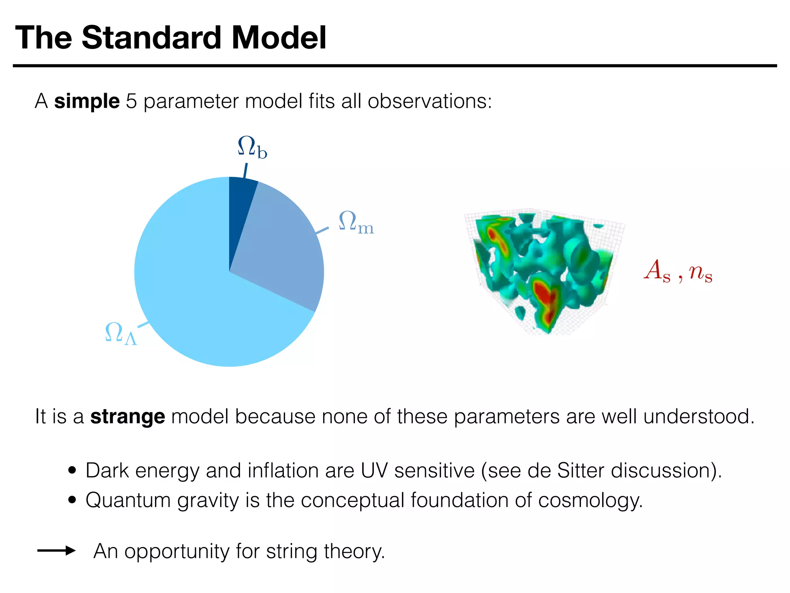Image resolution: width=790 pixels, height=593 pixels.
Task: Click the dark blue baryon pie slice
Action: [x=240, y=208]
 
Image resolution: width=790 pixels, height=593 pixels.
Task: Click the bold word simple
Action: [x=87, y=101]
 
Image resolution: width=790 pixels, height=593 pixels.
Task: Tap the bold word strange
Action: [x=128, y=417]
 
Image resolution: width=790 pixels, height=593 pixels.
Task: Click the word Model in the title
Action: [x=279, y=38]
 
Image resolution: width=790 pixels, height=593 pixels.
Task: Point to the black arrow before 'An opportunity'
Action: [x=56, y=551]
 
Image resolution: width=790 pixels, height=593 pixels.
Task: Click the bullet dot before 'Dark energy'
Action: [x=72, y=471]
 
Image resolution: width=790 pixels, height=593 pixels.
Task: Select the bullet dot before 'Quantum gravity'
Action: [x=72, y=500]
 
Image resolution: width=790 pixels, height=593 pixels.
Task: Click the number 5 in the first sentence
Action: [x=132, y=101]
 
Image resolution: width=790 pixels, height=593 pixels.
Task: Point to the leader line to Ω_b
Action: [x=245, y=171]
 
